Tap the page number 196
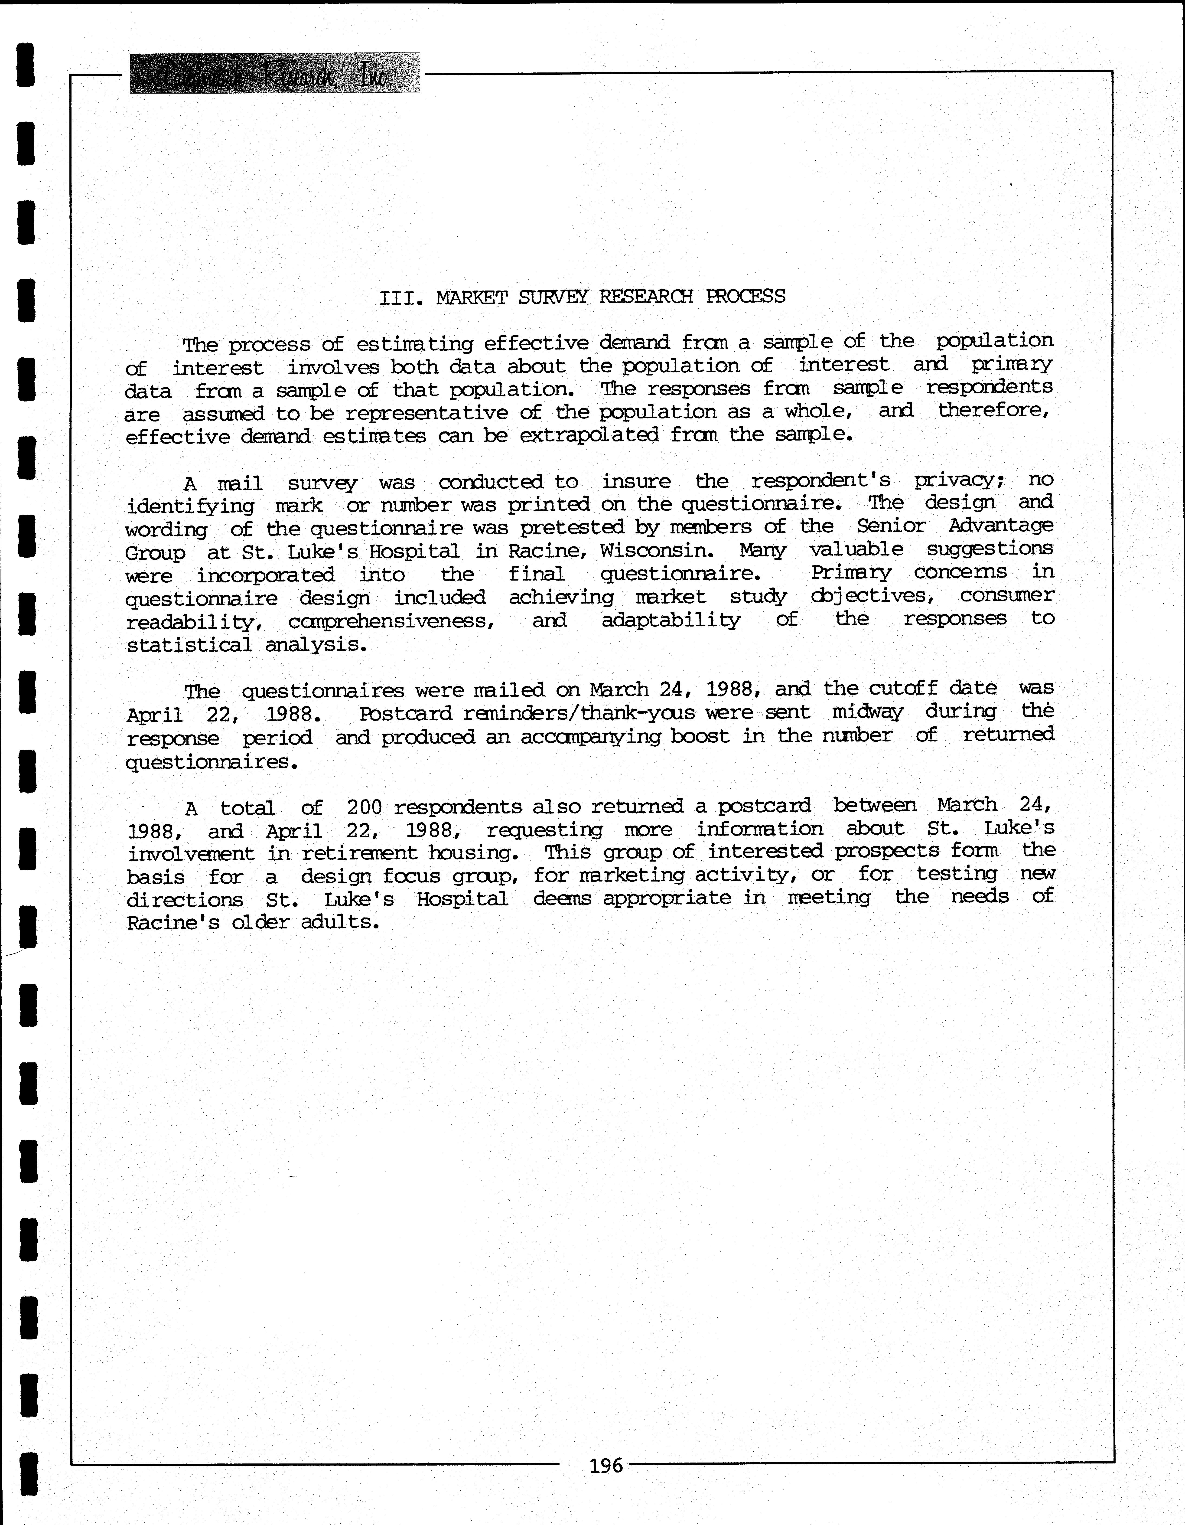(606, 1465)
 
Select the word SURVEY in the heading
(552, 297)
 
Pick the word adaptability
(670, 620)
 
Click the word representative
(427, 413)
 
